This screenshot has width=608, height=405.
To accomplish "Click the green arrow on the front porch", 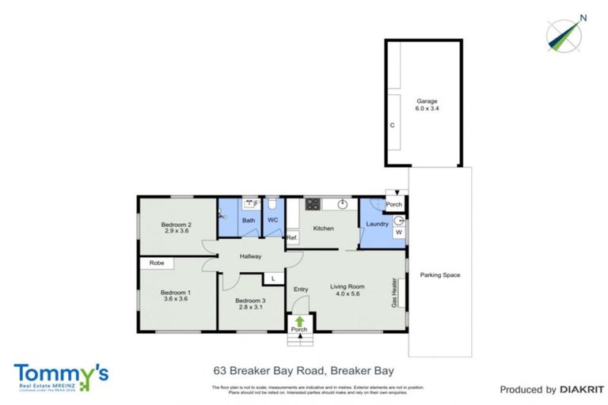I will (299, 321).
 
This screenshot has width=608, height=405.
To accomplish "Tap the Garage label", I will (427, 101).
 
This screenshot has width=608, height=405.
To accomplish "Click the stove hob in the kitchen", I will (312, 204).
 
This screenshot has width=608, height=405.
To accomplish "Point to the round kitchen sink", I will (342, 204).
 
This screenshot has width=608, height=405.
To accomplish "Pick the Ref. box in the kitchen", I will (291, 237).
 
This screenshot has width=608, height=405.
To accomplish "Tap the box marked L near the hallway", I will (273, 278).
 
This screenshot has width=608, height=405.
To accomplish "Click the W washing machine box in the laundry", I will (398, 233).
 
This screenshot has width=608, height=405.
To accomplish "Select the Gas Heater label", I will (393, 293).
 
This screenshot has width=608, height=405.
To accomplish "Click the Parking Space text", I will (440, 275).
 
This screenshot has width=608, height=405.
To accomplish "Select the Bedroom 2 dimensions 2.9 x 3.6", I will (178, 230).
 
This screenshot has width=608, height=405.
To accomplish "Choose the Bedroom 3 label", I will (251, 301).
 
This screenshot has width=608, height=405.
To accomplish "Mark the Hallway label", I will (246, 256).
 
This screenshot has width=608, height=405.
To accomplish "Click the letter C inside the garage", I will (391, 126).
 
